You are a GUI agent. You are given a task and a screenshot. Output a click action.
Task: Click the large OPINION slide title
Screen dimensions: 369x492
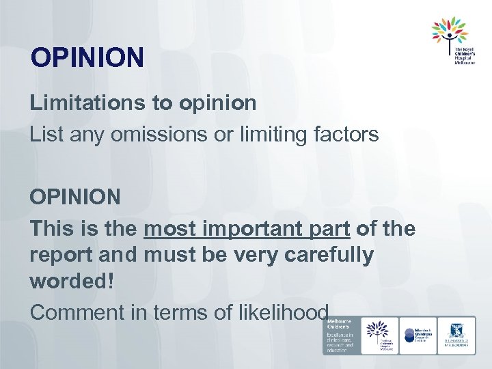click(87, 57)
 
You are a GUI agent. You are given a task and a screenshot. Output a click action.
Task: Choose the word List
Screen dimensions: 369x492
click(45, 135)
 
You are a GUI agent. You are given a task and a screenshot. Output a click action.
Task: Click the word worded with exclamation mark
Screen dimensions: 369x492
click(72, 282)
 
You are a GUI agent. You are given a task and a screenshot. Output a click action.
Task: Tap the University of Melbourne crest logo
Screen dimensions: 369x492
click(456, 335)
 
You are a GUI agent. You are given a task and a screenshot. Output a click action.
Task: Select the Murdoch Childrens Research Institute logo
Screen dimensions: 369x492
click(418, 335)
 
